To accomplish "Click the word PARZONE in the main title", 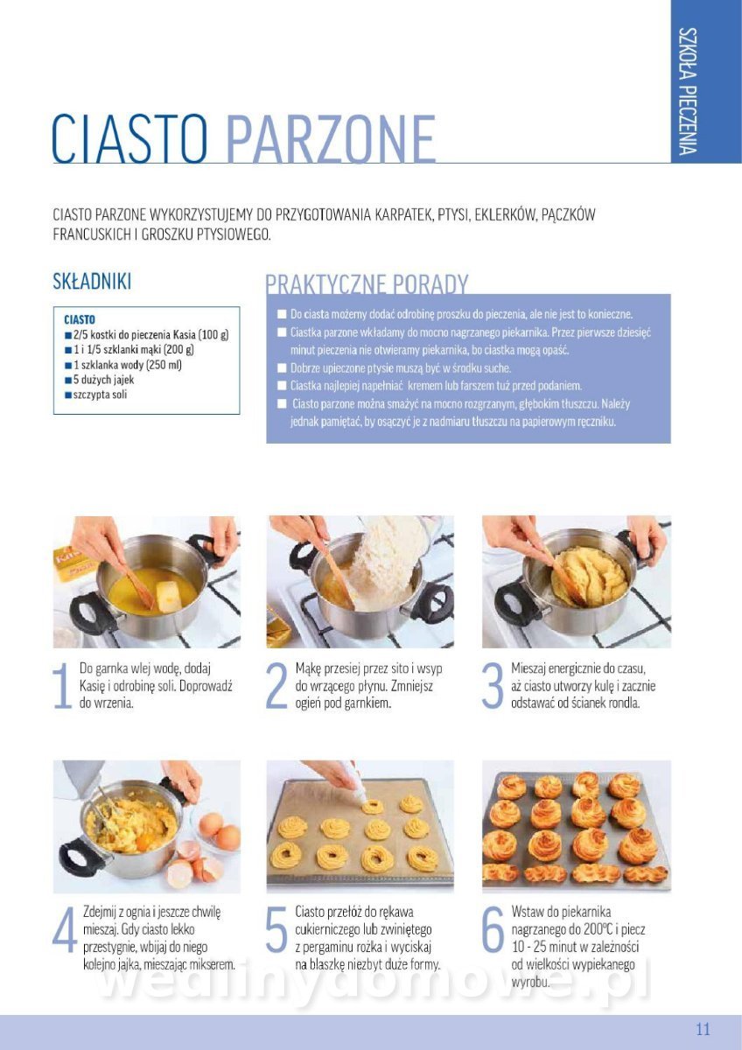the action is click(331, 138).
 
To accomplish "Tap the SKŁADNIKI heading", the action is click(92, 281).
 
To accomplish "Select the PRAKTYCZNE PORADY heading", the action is click(367, 284).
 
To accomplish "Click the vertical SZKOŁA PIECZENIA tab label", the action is click(688, 91).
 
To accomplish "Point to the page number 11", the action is click(703, 1029).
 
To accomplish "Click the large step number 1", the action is click(62, 686).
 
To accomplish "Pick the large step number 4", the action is click(65, 929).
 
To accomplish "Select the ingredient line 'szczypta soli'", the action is click(96, 395).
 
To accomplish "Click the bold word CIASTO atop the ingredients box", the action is click(80, 319).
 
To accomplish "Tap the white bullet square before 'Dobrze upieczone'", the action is click(282, 368).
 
